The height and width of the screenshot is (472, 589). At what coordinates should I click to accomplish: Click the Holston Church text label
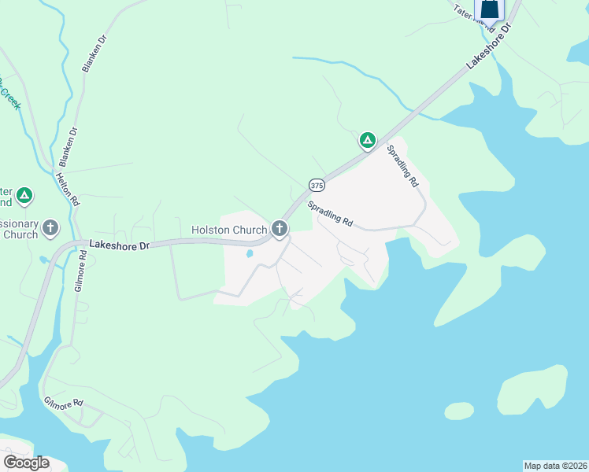pos(230,230)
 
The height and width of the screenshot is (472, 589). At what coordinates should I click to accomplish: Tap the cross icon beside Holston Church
pos(279,229)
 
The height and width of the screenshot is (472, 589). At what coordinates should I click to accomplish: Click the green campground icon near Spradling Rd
pos(367,141)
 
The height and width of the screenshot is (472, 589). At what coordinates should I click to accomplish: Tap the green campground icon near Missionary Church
pos(24,194)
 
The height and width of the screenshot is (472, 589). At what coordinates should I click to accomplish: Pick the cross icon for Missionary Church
pos(50,229)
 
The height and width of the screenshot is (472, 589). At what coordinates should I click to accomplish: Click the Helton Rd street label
pos(68,189)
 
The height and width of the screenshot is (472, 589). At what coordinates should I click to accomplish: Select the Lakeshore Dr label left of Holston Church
pos(119,245)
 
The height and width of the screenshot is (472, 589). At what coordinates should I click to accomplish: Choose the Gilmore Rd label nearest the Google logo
pos(64,404)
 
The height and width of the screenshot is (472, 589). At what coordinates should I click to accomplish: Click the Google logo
pos(26,463)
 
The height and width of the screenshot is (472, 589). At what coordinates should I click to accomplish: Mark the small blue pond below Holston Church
pos(250,254)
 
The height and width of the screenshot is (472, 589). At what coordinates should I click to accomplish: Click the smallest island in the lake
pos(459,411)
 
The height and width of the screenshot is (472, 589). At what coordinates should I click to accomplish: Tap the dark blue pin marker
pos(490,9)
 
